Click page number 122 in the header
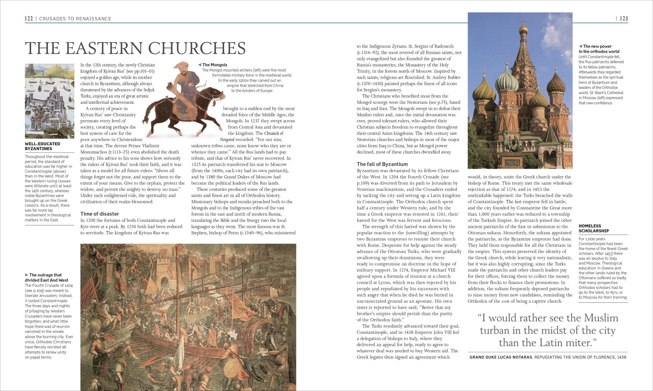tap(29, 19)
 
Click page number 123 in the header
tap(624, 19)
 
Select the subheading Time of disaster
tap(100, 214)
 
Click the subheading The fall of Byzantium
tap(382, 164)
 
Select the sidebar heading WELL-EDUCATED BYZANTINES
tap(42, 146)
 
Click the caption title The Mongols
tap(215, 65)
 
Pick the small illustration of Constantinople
tap(49, 101)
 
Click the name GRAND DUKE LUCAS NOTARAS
tap(501, 357)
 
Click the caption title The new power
tap(597, 46)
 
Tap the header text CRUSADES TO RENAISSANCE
tap(75, 19)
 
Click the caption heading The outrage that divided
tap(46, 277)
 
